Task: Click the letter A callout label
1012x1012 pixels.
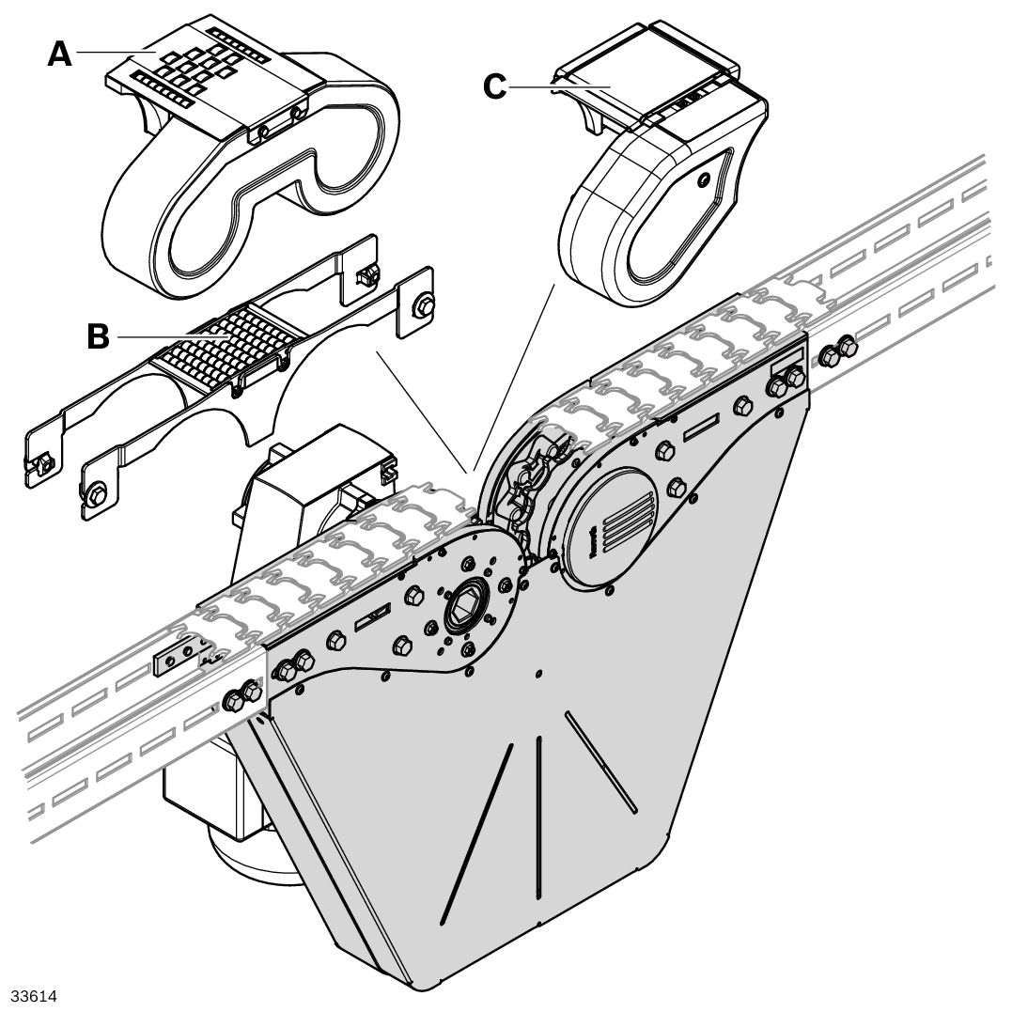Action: pos(59,54)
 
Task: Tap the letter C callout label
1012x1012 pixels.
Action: pos(494,87)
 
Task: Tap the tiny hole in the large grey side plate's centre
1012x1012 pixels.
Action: pos(538,673)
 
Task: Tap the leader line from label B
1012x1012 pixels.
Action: pos(160,336)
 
